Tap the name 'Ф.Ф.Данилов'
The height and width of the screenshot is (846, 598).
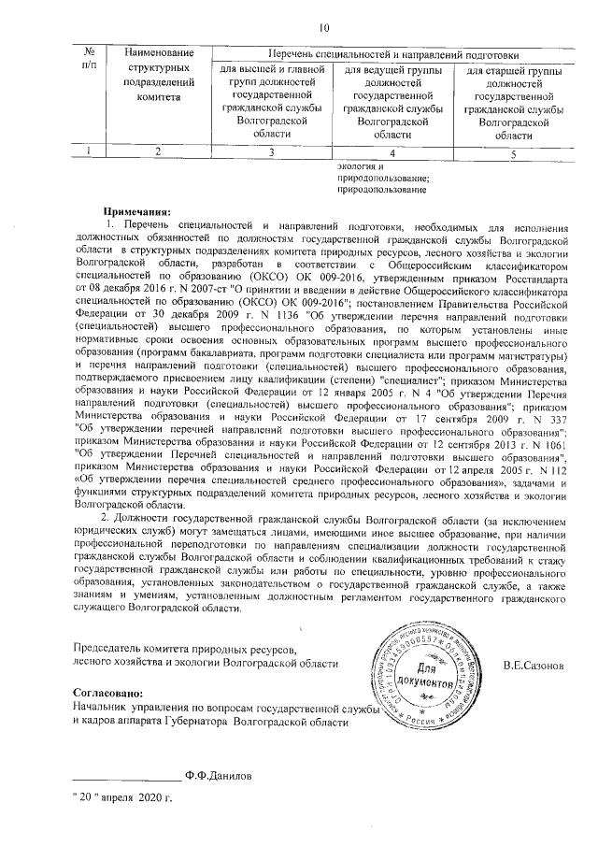217,774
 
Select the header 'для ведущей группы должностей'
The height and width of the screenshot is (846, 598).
392,77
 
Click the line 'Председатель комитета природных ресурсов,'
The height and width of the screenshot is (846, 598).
185,650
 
